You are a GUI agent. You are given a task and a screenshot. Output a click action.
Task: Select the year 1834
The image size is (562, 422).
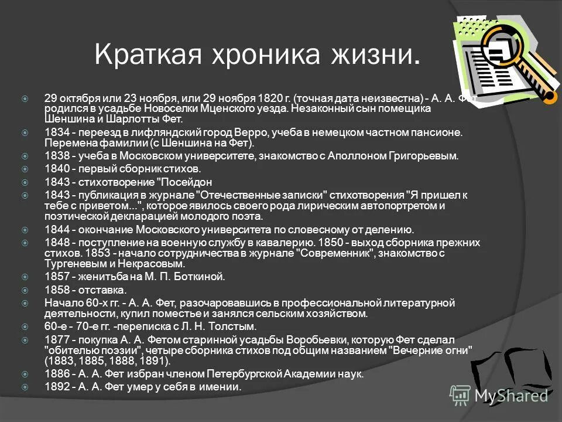click(56, 132)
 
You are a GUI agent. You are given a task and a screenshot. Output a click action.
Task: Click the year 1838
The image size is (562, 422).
click(56, 156)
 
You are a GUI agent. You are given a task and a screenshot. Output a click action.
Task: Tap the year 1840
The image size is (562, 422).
click(56, 169)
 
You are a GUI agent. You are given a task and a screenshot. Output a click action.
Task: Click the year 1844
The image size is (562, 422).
click(56, 230)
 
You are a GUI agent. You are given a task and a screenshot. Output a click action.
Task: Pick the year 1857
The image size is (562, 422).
click(56, 277)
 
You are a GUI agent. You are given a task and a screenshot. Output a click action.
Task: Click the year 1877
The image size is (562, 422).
click(56, 339)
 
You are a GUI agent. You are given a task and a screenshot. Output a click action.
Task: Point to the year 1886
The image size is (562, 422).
click(56, 374)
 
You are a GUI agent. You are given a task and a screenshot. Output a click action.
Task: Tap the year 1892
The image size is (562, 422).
click(56, 386)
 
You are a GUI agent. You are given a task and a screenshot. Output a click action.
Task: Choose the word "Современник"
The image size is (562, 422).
click(337, 253)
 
